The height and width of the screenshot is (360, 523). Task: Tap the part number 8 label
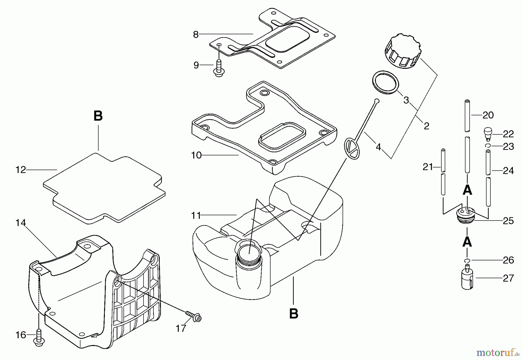pyautogui.click(x=196, y=35)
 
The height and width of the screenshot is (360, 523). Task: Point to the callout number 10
pyautogui.click(x=196, y=155)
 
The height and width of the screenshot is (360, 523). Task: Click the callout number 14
pyautogui.click(x=21, y=223)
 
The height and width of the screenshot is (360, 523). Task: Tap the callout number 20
pyautogui.click(x=488, y=115)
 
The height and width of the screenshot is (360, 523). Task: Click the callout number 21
pyautogui.click(x=428, y=167)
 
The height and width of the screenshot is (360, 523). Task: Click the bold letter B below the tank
pyautogui.click(x=294, y=314)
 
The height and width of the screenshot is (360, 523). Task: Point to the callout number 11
pyautogui.click(x=196, y=216)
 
